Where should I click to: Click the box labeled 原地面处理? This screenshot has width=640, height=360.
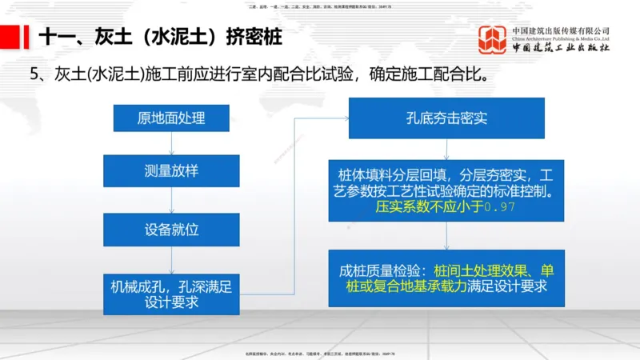pos(171,118)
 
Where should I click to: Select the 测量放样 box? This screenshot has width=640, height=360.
pos(171,170)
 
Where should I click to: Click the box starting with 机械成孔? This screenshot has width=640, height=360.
pos(171,294)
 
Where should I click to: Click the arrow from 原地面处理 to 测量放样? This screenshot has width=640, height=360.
pos(171,143)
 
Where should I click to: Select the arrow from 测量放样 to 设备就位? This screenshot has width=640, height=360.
pos(171,199)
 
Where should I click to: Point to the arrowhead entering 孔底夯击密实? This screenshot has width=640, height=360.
pos(345,118)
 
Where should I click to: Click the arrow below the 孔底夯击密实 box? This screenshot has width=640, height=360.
pos(447,149)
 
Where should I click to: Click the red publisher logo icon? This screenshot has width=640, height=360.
pos(493,39)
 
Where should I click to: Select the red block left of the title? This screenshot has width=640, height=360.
pos(11,37)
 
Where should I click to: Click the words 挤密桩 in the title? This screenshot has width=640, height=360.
pos(254,37)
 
